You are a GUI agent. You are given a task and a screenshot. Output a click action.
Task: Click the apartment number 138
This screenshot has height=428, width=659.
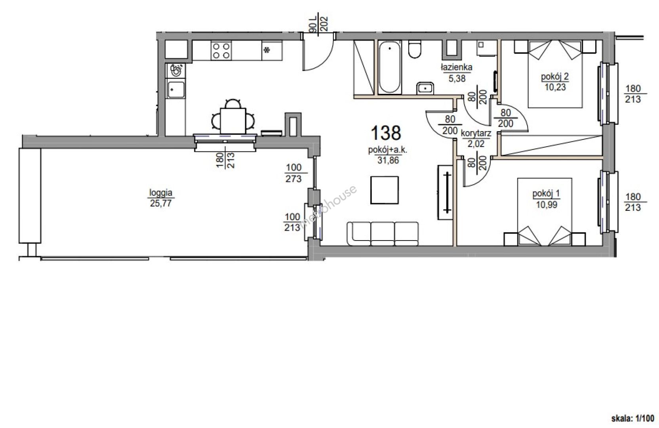pos(386,133)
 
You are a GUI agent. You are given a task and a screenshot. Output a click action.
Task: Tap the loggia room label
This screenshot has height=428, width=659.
pos(161,193)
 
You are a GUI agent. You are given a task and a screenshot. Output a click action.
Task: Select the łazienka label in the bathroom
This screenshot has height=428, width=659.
pos(457,67)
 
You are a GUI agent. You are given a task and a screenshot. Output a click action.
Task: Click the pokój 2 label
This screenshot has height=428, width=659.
pos(555,77)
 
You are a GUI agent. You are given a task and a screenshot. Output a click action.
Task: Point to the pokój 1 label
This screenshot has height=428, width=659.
pos(546,194)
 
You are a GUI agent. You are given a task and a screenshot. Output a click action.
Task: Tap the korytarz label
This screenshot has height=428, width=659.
pos(476,134)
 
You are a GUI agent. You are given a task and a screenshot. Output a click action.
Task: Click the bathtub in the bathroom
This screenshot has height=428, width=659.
pos(390,67)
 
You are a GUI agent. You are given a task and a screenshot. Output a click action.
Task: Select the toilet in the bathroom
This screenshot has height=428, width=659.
pos(415,50)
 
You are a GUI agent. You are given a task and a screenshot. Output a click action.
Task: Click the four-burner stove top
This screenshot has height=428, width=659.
pos(221,51)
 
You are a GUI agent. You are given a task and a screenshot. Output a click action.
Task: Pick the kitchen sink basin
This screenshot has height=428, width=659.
pos(175,90)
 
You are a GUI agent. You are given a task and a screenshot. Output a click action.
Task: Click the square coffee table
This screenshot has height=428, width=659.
pos(385,190)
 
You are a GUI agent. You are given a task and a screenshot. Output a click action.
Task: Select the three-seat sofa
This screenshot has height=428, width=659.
pos(383,233)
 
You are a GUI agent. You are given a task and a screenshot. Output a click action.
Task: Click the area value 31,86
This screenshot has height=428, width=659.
pos(388,160)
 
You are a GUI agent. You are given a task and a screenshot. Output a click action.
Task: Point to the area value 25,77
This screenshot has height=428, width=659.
pos(161,203)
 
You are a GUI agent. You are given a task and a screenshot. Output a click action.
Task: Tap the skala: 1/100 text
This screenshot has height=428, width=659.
pos(632,418)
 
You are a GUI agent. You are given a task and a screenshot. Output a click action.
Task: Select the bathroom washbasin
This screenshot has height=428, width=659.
pos(425,88)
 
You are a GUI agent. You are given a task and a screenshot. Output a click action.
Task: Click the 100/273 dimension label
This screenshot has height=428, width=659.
pos(293,173)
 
